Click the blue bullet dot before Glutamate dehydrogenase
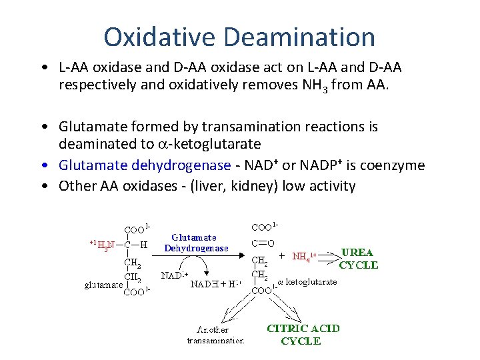[x=43, y=165]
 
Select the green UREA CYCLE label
[x=358, y=259]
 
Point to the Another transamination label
[x=215, y=335]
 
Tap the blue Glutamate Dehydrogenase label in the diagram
[x=197, y=243]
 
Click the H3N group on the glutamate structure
[x=105, y=244]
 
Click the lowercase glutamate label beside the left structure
[x=103, y=285]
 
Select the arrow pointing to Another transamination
[x=233, y=307]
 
